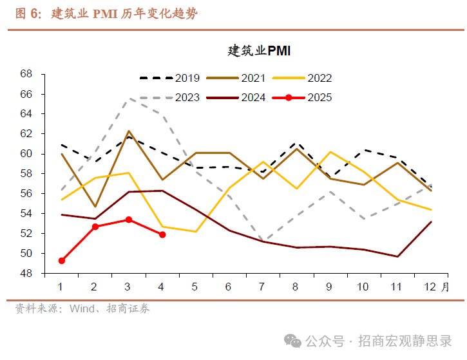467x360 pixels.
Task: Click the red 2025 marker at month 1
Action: click(x=62, y=261)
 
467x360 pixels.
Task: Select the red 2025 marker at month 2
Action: click(x=95, y=227)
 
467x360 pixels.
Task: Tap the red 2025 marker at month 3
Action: click(x=129, y=220)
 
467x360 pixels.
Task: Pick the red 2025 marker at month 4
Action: click(x=162, y=234)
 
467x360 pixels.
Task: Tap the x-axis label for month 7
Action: click(x=262, y=287)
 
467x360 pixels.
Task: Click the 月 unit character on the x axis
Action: click(x=445, y=287)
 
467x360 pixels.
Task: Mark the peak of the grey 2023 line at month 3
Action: click(x=129, y=99)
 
